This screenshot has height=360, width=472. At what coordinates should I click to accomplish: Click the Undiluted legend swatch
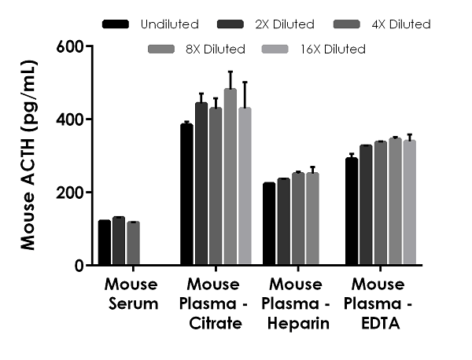[116, 24]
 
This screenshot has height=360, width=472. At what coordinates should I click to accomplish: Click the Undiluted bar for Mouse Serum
[105, 243]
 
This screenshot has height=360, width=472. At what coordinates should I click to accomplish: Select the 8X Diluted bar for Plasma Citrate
[230, 178]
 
